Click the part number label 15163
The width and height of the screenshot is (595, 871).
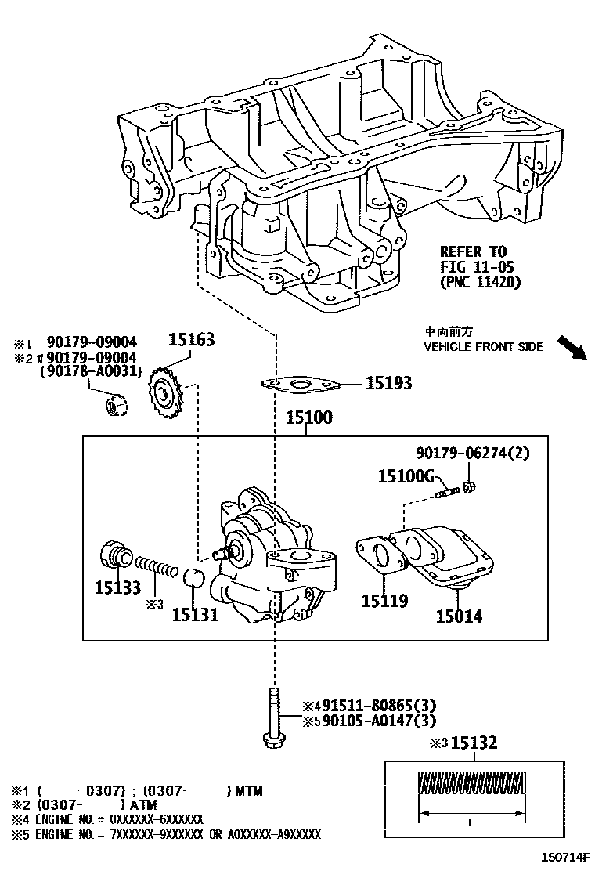[x=192, y=340]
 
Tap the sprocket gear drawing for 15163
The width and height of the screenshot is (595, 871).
[x=164, y=391]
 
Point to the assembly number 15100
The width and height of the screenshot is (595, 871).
[x=311, y=417]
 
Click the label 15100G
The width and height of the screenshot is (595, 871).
[x=406, y=475]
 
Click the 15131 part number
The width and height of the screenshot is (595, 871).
[x=195, y=615]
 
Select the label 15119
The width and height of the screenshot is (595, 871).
[x=384, y=602]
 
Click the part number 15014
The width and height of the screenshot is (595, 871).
[x=459, y=616]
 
